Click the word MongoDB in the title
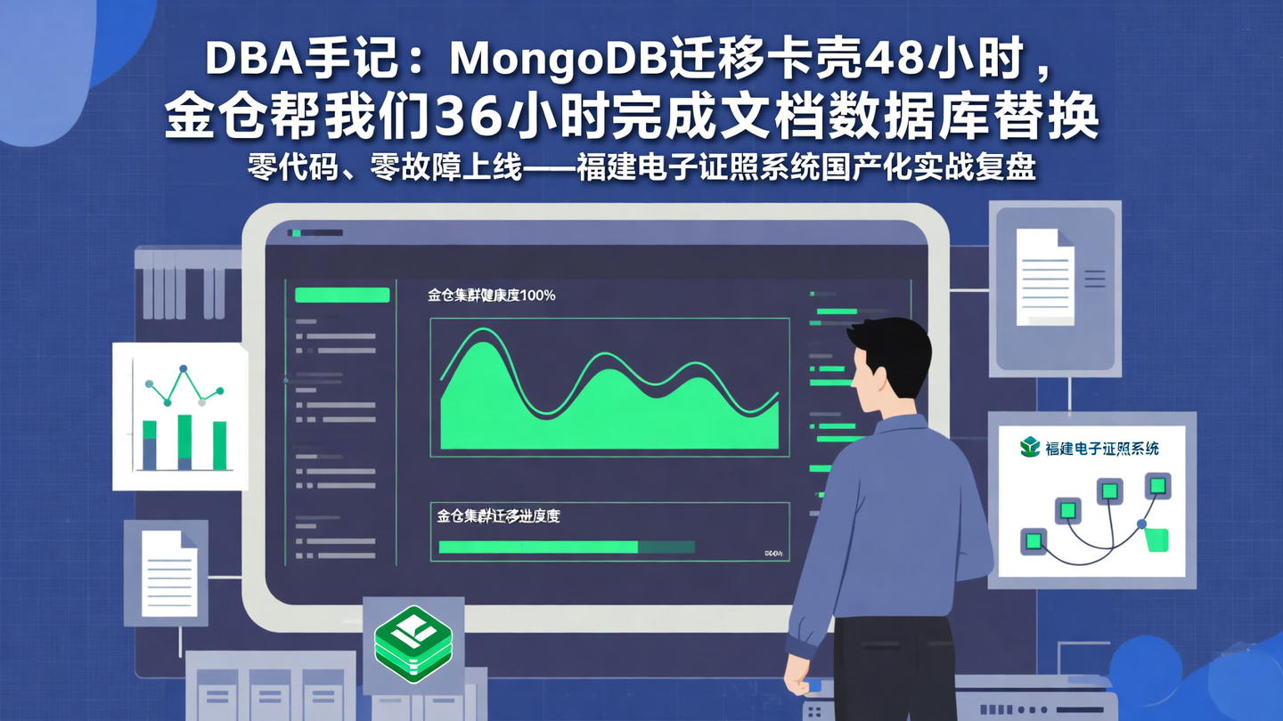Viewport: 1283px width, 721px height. [558, 61]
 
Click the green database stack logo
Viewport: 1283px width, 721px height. [413, 643]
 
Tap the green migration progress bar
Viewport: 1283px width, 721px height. [538, 547]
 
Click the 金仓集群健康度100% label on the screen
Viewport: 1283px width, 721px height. [492, 295]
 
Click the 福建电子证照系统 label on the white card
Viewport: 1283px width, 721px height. [1102, 449]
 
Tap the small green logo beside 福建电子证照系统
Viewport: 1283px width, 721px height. [1030, 447]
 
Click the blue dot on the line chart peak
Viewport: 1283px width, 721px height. [184, 369]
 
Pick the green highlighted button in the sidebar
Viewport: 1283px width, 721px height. [342, 295]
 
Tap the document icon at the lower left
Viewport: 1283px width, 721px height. [169, 573]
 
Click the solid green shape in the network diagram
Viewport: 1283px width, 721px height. [1156, 539]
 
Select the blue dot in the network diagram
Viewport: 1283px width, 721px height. [1141, 524]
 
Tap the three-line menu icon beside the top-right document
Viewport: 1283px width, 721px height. [1094, 279]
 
